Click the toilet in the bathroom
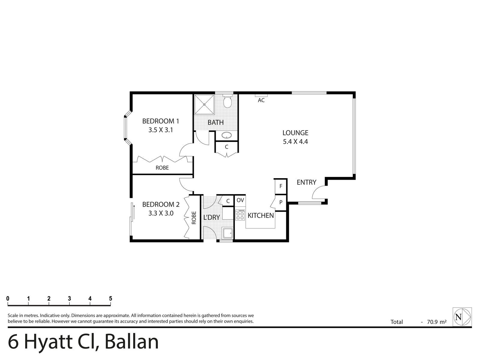(228, 102)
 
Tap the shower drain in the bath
(204, 104)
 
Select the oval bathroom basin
(226, 136)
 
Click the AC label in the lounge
(261, 100)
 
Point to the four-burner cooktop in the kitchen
(240, 215)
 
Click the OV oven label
(240, 200)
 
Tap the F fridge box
(281, 186)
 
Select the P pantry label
(281, 202)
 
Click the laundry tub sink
(227, 233)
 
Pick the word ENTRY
(306, 182)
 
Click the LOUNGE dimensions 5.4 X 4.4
(295, 142)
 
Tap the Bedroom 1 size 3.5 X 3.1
(160, 130)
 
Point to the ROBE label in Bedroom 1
(162, 168)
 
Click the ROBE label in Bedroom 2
(194, 218)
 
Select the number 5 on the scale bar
(110, 298)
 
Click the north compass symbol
(462, 317)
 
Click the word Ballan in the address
(132, 342)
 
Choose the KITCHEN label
(260, 215)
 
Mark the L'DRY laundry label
(211, 217)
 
